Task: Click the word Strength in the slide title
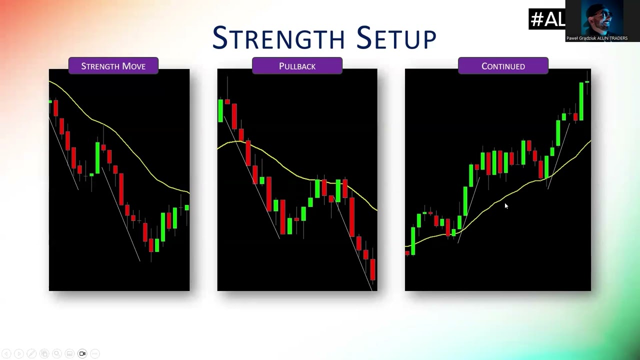point(278,37)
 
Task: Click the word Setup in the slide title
point(396,37)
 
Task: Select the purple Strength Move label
point(113,66)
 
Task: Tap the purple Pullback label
point(297,66)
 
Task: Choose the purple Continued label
point(503,66)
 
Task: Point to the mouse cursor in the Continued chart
point(506,206)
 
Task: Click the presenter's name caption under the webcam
point(597,38)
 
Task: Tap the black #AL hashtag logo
point(547,19)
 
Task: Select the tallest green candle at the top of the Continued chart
point(581,101)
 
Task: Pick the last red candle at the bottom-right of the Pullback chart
point(372,269)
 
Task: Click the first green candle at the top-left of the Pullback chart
point(220,111)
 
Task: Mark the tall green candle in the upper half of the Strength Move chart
point(97,157)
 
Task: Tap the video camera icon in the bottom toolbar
point(82,353)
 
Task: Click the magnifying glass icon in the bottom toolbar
point(57,353)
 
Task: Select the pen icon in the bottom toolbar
point(31,353)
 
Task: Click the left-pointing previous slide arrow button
point(6,353)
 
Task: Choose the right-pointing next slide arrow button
point(19,353)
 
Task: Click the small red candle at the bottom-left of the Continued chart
point(407,253)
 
